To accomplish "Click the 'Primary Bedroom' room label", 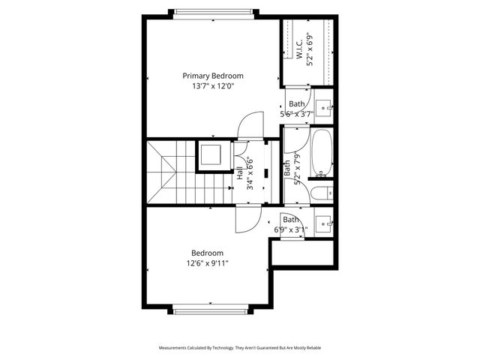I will coord(213,76).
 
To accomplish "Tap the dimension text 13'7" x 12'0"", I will coord(213,85).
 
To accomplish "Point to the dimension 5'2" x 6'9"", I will coord(310,52).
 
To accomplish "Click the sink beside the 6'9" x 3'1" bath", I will coord(324,223).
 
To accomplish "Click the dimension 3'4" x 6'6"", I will coord(250,174).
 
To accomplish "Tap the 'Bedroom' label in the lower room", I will coord(207,253).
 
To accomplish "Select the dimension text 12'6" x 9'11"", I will coord(207,263).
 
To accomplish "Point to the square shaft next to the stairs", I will coord(209,155).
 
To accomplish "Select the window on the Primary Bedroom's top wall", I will coord(214,13).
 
